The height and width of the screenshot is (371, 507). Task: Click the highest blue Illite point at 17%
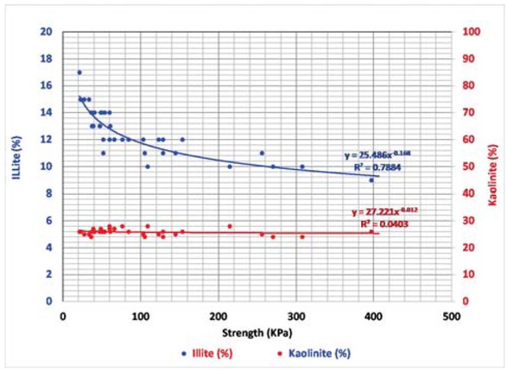[x=79, y=72]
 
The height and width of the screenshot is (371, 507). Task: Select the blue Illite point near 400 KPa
[x=371, y=179]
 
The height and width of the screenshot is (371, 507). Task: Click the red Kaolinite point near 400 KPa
[x=371, y=231]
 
